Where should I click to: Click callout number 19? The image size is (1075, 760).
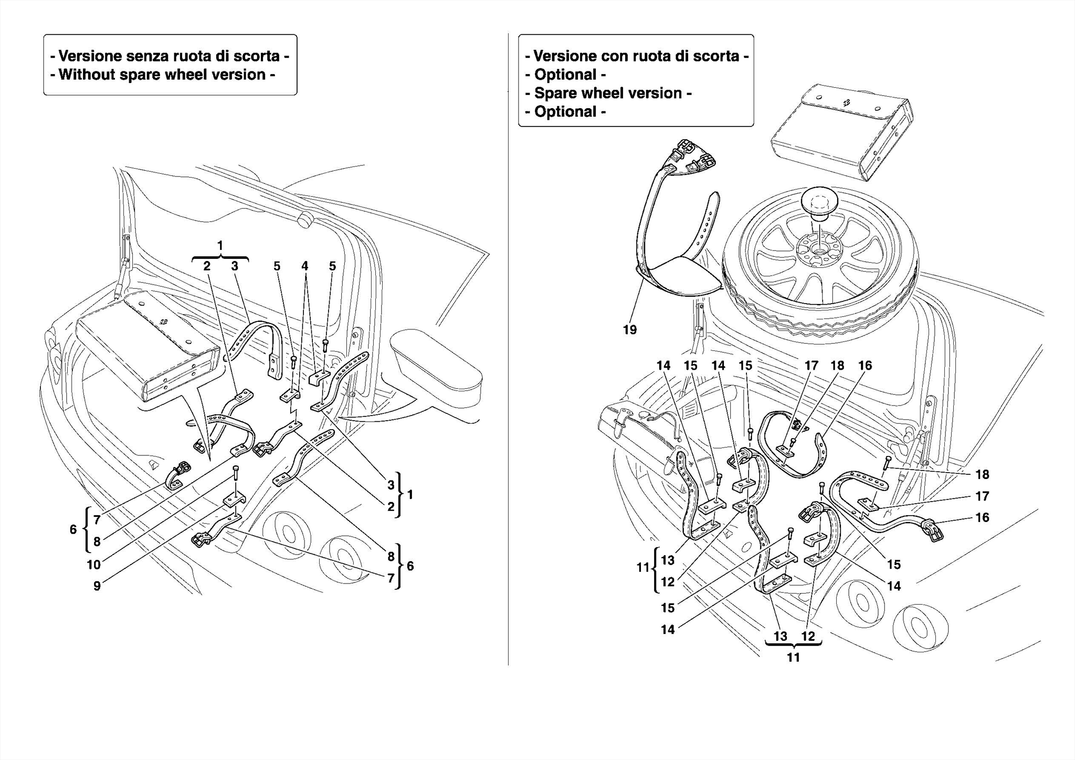pos(629,330)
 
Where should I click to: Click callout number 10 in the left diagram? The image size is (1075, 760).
pos(93,565)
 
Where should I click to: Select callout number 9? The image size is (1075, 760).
pos(97,586)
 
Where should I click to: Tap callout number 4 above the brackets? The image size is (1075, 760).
pos(304,266)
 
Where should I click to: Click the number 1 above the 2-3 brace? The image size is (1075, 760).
pos(220,245)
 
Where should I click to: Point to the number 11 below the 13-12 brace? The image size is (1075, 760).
pos(793,657)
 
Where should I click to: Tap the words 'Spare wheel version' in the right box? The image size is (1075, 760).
pos(608,93)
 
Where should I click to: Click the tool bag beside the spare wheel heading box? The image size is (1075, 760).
pos(841,134)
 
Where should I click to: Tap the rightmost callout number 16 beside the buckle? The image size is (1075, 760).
pos(982,517)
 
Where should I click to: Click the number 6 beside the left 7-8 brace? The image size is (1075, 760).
pos(73,529)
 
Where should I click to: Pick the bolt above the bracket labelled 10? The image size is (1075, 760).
pos(236,472)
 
